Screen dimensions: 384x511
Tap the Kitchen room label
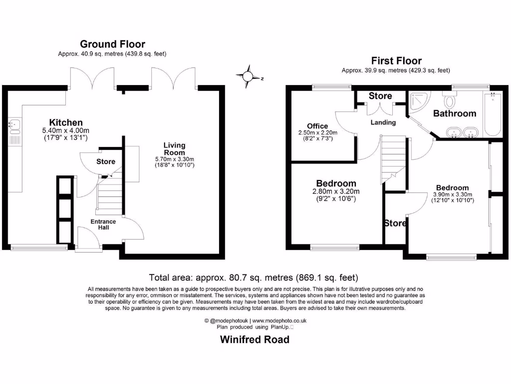[66, 122]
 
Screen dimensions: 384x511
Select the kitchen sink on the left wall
[13, 125]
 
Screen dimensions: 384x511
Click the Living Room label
[174, 149]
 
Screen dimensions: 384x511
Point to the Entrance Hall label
[103, 224]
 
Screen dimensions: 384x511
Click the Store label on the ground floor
[106, 161]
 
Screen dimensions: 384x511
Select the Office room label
[317, 126]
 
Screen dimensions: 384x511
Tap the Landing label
[383, 122]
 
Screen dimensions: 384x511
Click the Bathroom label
[454, 113]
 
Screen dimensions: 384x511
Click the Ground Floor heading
[112, 44]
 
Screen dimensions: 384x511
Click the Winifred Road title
[255, 340]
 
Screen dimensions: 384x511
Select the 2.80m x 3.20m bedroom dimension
[336, 191]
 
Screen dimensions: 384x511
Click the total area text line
[254, 277]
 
